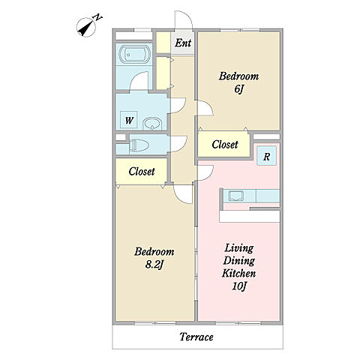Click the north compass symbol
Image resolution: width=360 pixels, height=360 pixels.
point(86,28)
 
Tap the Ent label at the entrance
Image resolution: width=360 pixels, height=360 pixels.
point(183,43)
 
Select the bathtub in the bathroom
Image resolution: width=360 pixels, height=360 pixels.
point(134,55)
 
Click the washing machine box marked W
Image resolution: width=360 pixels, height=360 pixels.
point(129,120)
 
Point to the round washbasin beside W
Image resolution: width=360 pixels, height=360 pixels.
point(152,124)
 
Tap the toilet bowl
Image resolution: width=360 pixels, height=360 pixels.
point(138,145)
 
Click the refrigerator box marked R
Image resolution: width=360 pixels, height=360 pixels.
point(267,156)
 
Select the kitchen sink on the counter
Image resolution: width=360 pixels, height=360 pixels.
point(236,196)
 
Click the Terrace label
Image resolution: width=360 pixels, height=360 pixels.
point(196,337)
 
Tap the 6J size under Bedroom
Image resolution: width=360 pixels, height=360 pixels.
point(238,88)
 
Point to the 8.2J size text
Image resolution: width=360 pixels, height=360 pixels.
point(154,264)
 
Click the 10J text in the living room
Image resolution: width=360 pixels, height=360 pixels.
point(239,286)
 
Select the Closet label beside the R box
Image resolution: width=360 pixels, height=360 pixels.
point(225,145)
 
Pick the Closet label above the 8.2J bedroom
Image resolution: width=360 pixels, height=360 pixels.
point(142,172)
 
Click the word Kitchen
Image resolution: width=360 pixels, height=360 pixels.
point(238,273)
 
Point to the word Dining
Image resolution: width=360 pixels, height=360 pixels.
point(239,261)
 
